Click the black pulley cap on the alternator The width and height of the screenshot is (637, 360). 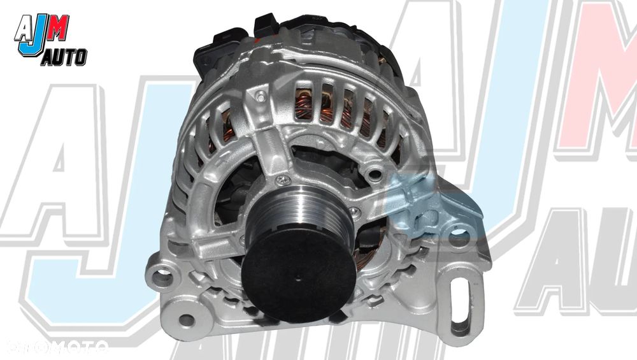(x=297, y=268)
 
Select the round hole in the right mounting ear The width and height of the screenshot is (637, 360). (x=458, y=241)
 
